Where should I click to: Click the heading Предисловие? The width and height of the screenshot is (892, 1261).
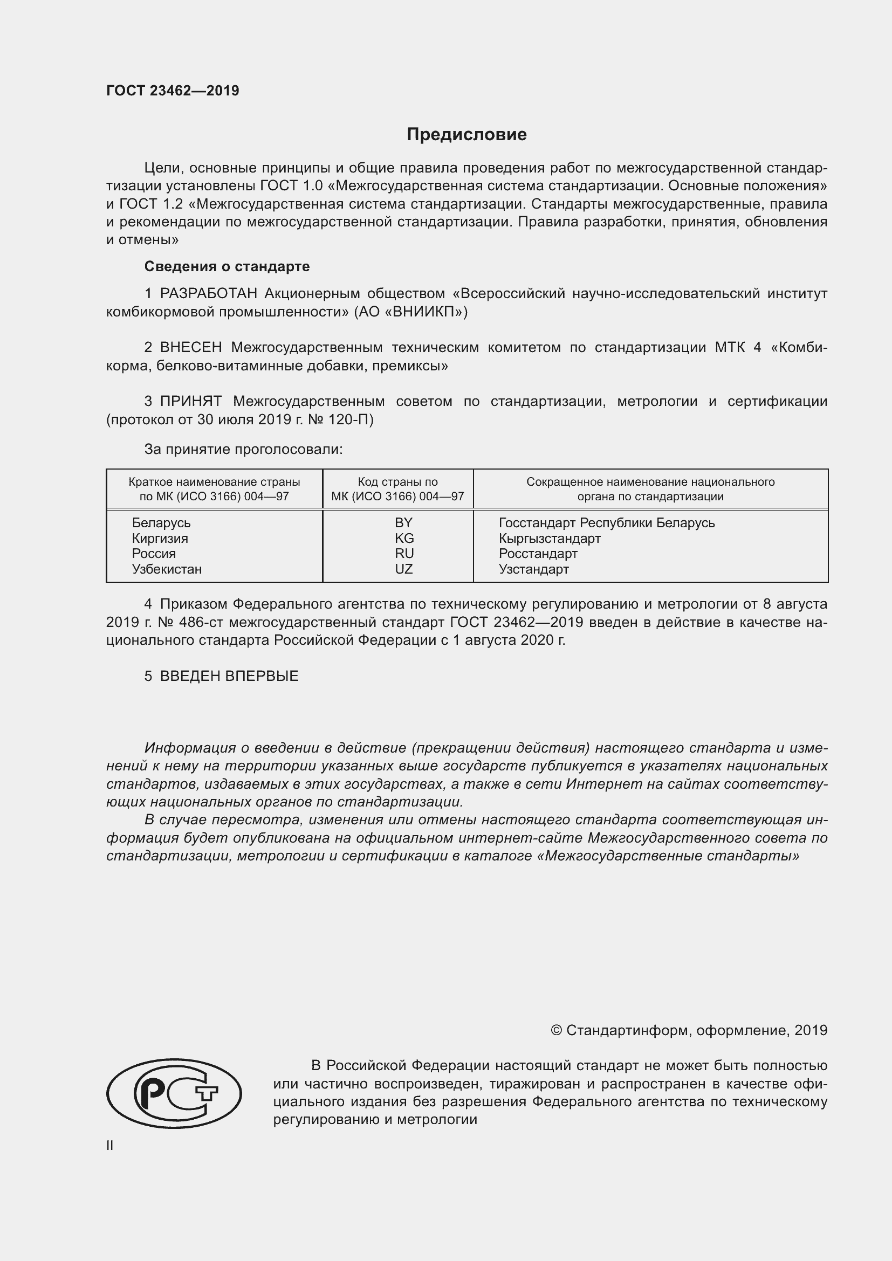466,135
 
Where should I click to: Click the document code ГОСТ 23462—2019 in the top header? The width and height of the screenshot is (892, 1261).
173,91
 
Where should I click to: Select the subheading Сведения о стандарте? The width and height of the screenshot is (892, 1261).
227,266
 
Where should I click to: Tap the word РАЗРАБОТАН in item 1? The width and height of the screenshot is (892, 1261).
208,294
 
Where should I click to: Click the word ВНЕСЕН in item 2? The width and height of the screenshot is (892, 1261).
190,348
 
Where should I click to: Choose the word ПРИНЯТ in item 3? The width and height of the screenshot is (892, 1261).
190,402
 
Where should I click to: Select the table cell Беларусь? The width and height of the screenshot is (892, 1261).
161,523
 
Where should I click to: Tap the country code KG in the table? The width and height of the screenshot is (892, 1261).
404,538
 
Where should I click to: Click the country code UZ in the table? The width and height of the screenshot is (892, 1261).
404,569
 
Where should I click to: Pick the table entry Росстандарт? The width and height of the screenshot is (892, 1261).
538,554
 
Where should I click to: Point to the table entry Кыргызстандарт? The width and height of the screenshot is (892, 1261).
549,538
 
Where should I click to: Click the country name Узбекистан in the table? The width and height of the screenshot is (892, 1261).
167,569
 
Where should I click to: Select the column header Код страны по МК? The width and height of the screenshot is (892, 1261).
397,489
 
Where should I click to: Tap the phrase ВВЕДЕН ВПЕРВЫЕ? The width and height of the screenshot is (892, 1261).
229,676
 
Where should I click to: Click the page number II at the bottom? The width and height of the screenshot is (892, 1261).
110,1146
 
